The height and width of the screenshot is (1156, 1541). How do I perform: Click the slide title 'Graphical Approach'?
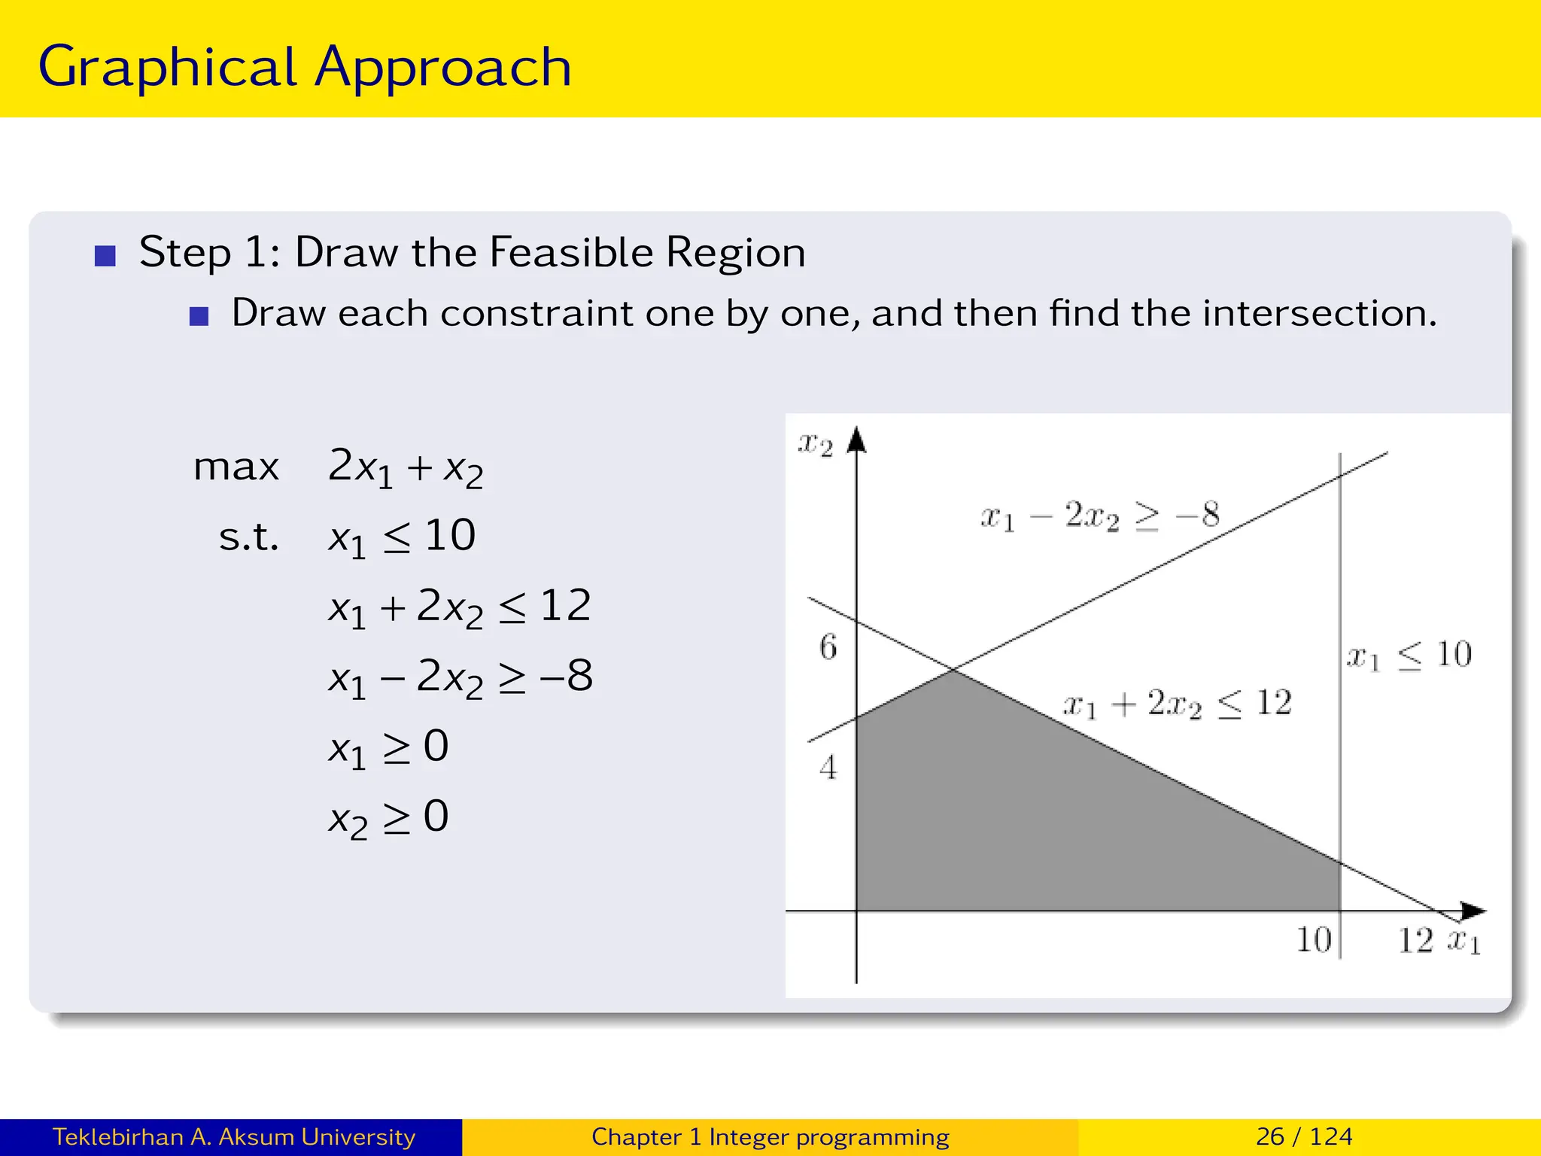coord(305,68)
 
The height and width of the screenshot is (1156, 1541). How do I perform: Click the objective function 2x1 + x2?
coord(406,467)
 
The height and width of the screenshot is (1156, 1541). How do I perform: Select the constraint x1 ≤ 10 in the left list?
coord(402,537)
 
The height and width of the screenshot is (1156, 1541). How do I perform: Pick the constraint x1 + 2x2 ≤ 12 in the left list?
coord(460,607)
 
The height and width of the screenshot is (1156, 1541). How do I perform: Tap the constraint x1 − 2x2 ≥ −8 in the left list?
coord(460,677)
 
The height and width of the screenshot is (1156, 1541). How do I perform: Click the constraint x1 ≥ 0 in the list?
coord(388,747)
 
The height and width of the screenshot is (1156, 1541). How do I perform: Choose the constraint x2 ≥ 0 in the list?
coord(388,817)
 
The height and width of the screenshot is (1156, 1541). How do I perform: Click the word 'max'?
coord(236,467)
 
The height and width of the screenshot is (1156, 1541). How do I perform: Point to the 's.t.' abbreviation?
coord(248,537)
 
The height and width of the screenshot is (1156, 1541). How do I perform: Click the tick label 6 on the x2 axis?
coord(828,647)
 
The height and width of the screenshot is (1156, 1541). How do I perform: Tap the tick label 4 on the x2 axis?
coord(828,768)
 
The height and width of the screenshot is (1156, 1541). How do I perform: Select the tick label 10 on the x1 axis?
coord(1314,940)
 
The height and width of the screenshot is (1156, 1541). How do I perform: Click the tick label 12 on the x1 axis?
coord(1415,940)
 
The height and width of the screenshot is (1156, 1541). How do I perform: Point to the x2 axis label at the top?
coord(815,444)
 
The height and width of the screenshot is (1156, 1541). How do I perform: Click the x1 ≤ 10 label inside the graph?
coord(1409,655)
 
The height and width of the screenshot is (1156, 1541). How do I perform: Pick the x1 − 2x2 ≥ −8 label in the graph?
coord(1099,516)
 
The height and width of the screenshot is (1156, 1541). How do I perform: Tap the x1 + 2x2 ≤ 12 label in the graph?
coord(1177,704)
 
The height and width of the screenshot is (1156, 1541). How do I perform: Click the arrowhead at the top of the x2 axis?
coord(856,440)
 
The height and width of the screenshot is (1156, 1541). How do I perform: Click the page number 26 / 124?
coord(1304,1136)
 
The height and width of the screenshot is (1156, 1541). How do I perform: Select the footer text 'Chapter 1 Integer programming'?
coord(770,1136)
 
